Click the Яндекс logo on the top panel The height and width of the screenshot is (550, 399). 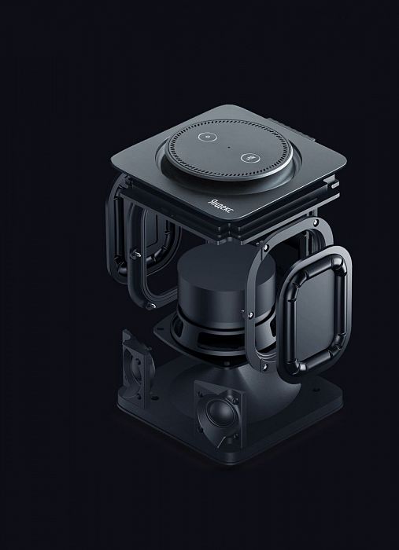(x=221, y=205)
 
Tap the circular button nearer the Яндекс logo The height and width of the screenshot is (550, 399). (x=249, y=158)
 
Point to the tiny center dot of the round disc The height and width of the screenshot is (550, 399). (x=229, y=148)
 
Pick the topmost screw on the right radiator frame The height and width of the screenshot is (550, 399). (x=316, y=222)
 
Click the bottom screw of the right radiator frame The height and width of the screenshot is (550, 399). (x=264, y=366)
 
